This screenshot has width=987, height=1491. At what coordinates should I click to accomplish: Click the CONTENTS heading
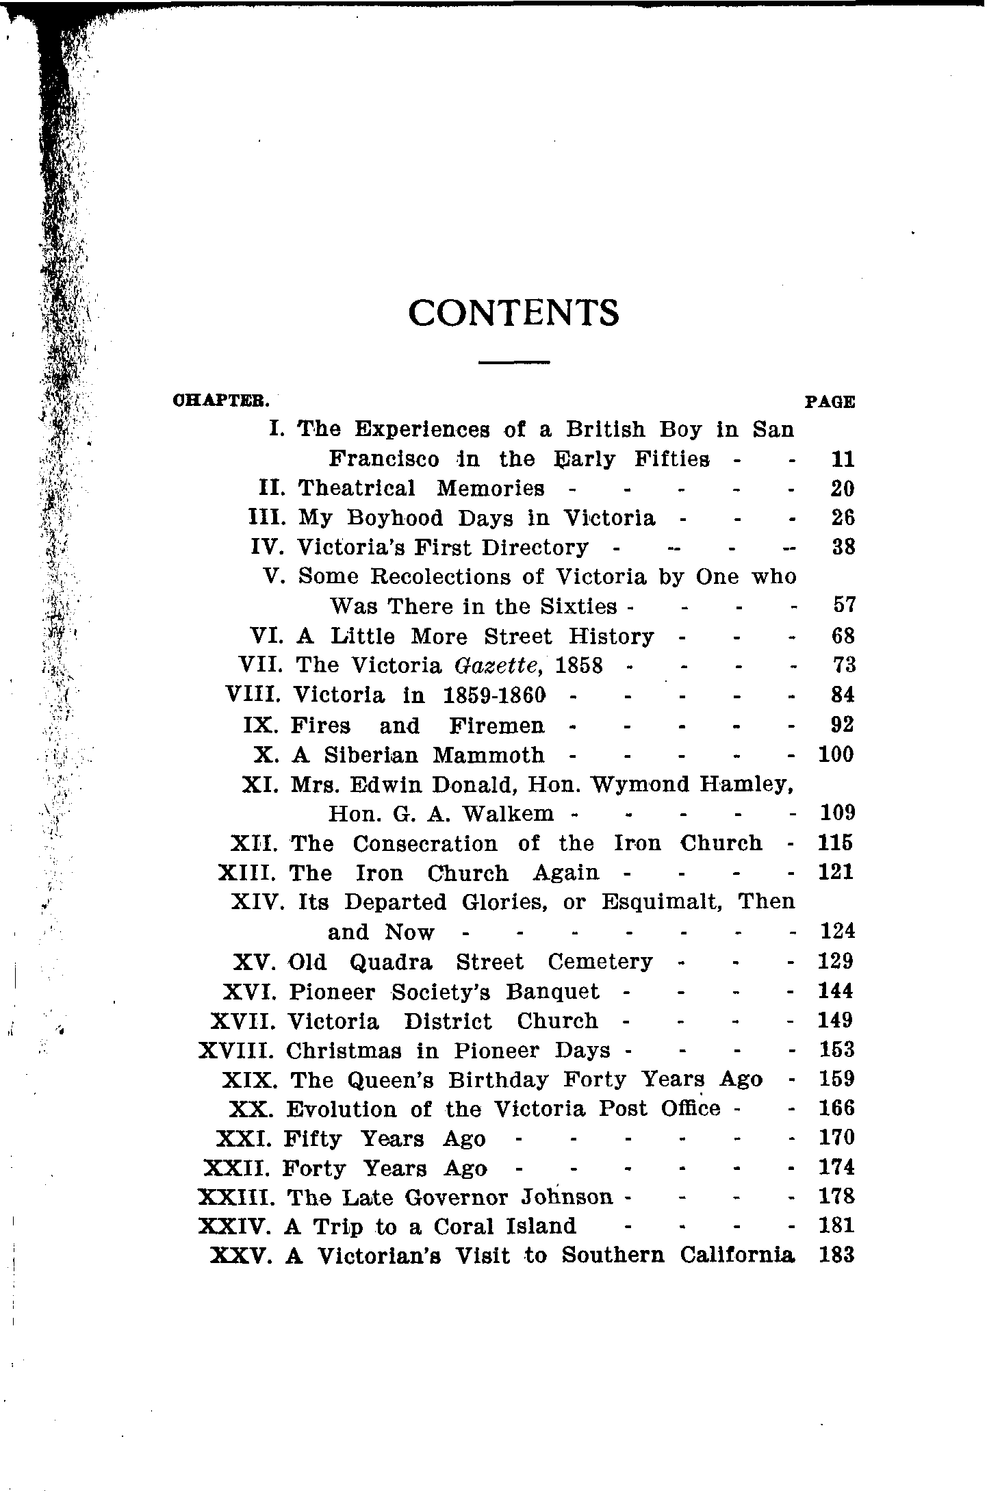click(513, 314)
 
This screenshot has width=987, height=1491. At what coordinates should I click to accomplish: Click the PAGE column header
click(830, 402)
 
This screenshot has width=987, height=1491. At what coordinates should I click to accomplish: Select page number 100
click(836, 754)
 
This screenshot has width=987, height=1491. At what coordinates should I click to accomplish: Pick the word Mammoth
click(489, 755)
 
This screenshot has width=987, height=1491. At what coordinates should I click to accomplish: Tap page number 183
click(836, 1256)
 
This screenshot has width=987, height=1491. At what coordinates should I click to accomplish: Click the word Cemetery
click(600, 962)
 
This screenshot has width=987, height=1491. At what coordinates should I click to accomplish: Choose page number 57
click(844, 605)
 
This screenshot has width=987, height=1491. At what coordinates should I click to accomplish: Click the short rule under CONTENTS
click(514, 361)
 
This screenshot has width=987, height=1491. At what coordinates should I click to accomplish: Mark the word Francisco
click(384, 459)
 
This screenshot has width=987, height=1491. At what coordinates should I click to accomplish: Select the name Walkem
click(508, 813)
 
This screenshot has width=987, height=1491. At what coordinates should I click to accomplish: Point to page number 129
click(836, 961)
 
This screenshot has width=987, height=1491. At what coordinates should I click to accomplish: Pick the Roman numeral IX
click(261, 725)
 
